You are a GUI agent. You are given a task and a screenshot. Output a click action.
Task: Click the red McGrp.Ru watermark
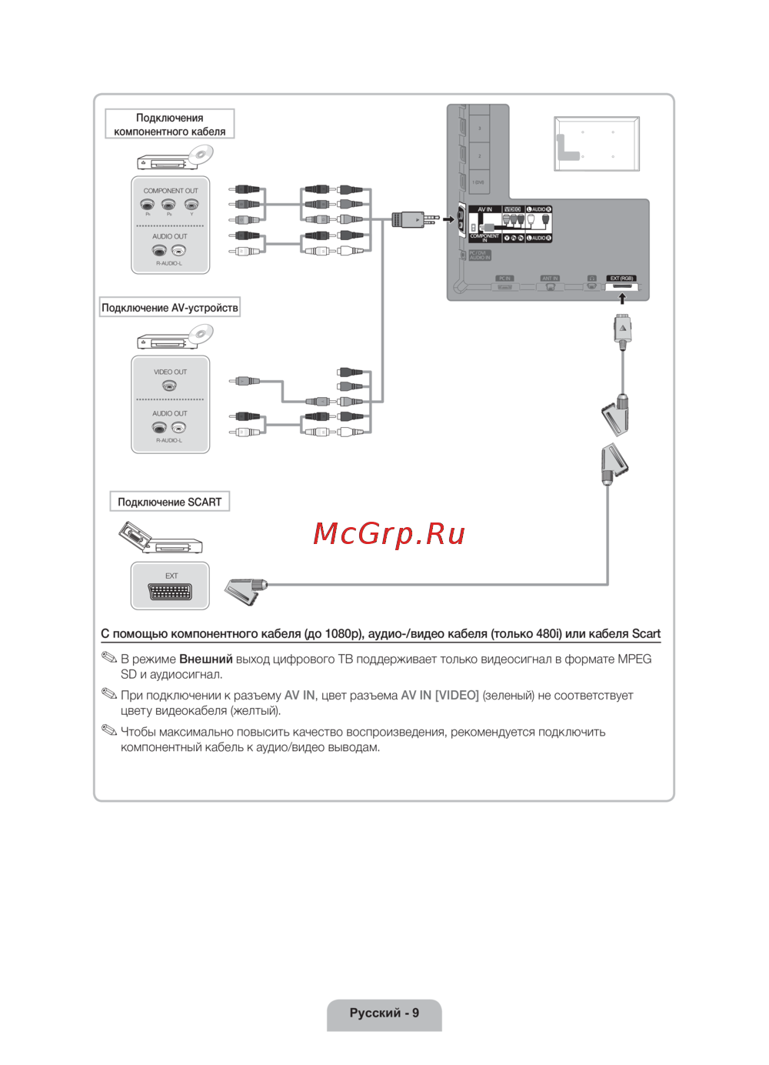click(x=389, y=533)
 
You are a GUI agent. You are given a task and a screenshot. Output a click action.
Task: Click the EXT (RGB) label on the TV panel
click(x=621, y=278)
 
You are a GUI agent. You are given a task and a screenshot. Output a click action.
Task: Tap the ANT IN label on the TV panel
click(x=550, y=278)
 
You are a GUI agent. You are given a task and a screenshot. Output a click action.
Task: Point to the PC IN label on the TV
click(x=504, y=278)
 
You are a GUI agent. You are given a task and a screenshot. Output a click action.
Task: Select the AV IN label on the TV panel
click(x=484, y=209)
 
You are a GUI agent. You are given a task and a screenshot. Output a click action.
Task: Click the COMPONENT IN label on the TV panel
click(x=484, y=238)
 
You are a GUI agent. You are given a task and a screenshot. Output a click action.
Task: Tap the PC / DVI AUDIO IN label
click(x=479, y=255)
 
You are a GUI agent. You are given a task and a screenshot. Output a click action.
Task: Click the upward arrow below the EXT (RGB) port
click(x=622, y=299)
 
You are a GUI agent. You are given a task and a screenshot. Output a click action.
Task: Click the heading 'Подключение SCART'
click(x=169, y=502)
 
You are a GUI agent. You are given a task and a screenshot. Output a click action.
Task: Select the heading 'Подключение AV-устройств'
click(x=170, y=308)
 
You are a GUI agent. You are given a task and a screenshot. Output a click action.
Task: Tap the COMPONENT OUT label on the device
click(x=170, y=191)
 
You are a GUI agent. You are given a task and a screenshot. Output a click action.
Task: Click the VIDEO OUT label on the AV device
click(x=170, y=372)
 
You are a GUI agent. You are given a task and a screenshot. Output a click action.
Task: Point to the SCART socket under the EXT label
click(x=170, y=592)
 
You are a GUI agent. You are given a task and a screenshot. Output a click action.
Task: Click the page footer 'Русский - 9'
click(x=384, y=1013)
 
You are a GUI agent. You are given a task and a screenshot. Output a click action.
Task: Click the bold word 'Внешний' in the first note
click(x=205, y=659)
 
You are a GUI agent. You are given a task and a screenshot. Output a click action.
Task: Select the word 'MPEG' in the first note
click(x=634, y=659)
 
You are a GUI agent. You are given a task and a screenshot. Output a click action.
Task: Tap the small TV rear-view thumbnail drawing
click(x=597, y=144)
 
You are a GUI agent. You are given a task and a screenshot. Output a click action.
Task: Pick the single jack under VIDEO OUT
click(x=169, y=386)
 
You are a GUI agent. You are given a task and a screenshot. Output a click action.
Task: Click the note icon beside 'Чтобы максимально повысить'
click(x=109, y=730)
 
